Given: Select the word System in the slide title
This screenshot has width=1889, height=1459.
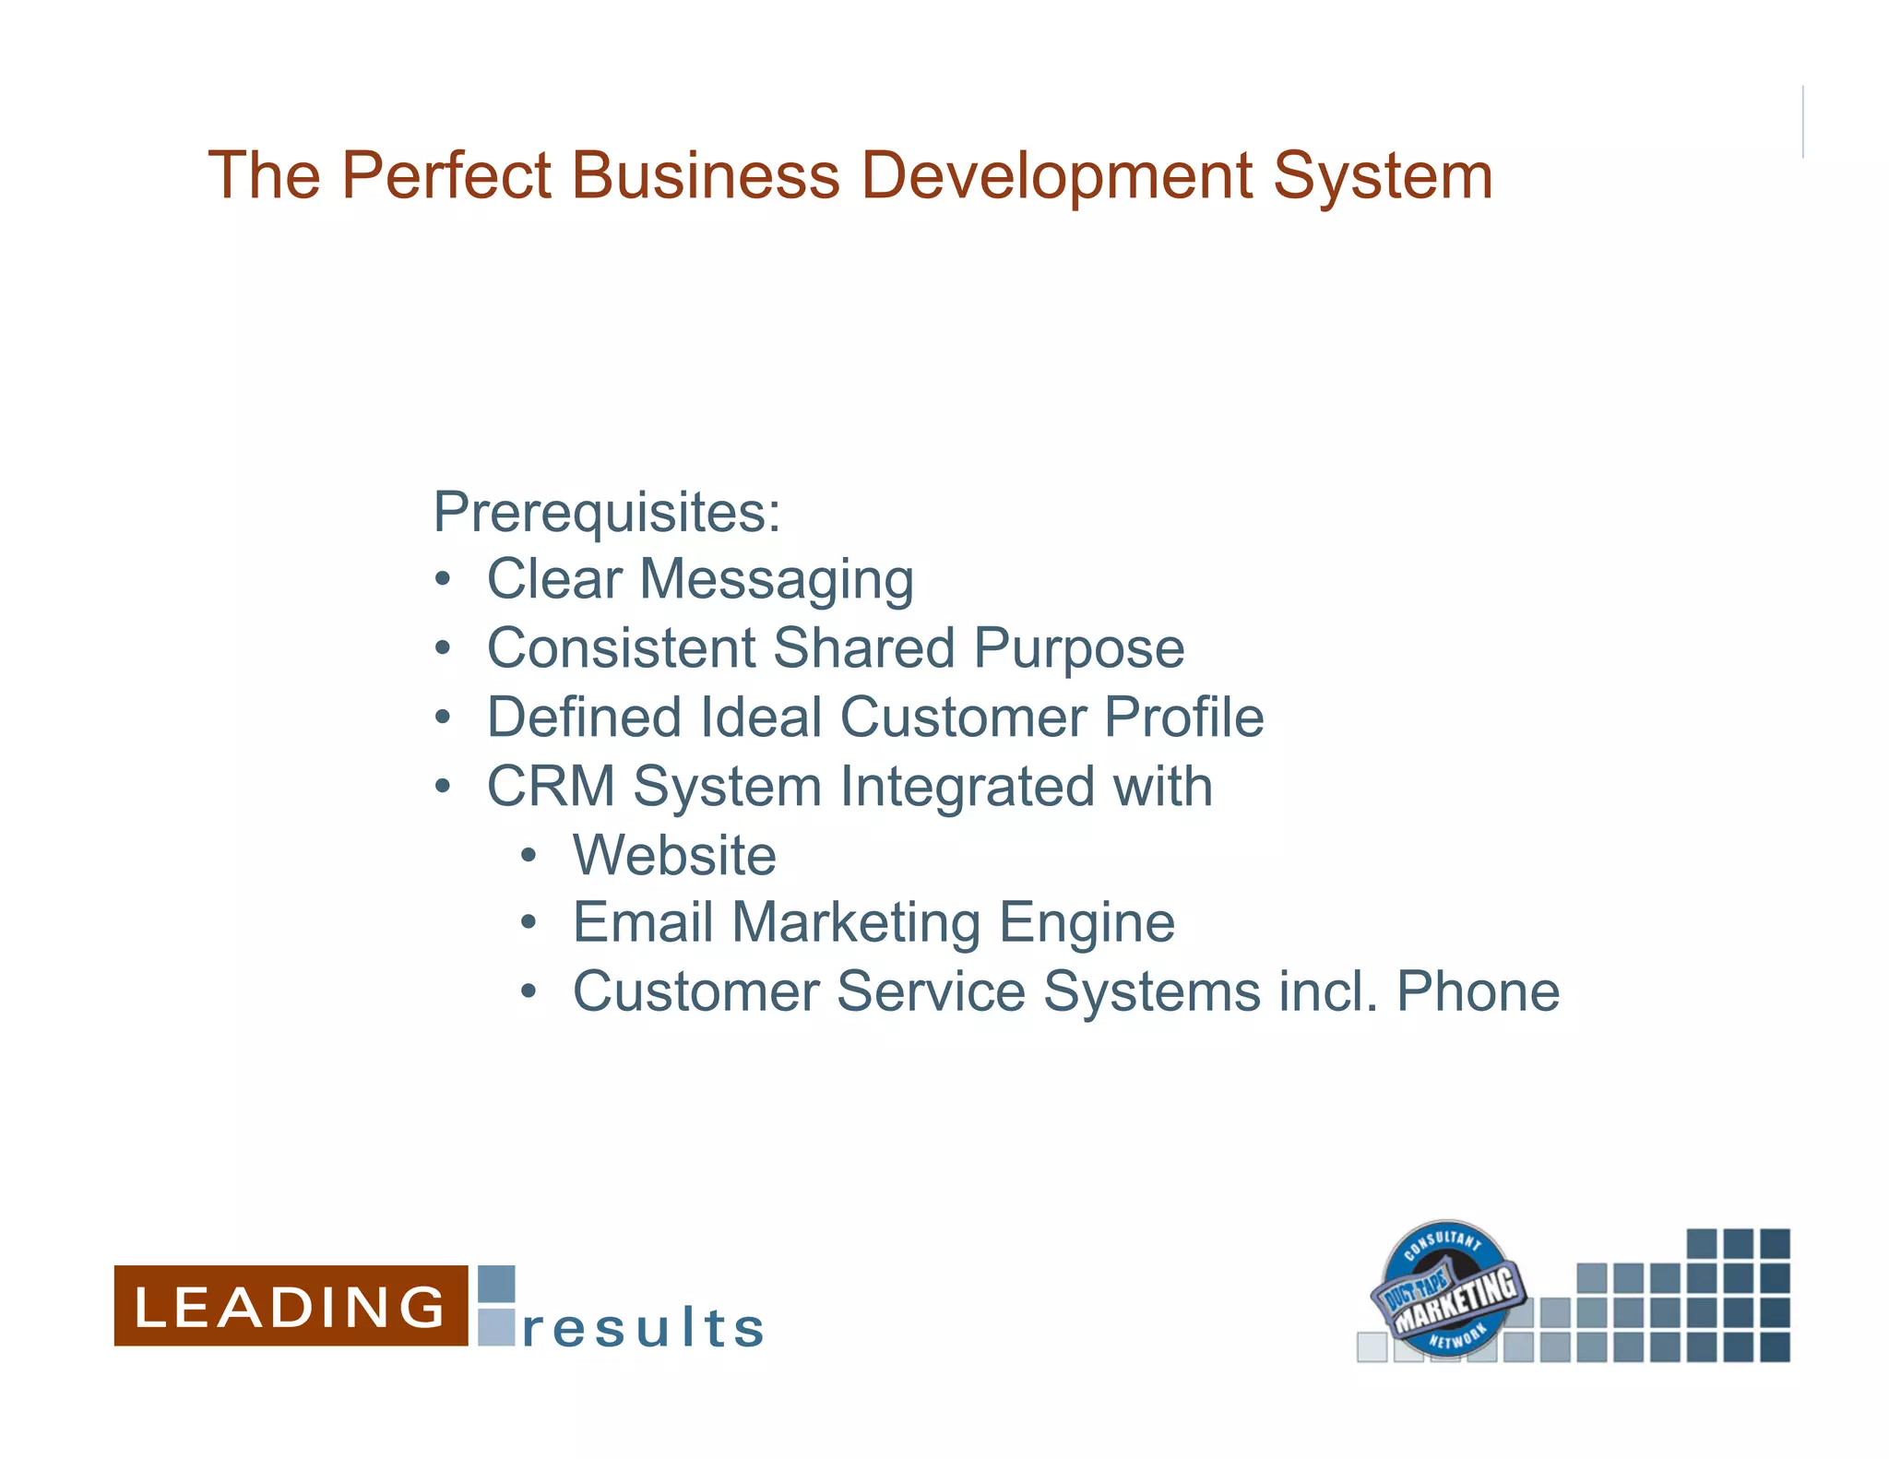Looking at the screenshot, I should [x=1383, y=175].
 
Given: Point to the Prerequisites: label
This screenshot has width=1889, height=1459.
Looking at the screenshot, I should [x=607, y=512].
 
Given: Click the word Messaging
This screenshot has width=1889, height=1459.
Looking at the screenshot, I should [x=777, y=581].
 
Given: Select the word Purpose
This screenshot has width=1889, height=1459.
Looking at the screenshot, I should [x=1079, y=649].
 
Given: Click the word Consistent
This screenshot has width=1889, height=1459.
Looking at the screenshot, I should [x=621, y=648].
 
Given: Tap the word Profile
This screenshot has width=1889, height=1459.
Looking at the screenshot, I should [x=1183, y=718].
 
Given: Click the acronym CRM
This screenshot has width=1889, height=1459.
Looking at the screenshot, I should [x=551, y=787].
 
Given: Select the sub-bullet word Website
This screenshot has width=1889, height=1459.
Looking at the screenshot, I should [x=674, y=855].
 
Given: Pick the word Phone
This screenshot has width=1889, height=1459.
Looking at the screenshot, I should [x=1478, y=991].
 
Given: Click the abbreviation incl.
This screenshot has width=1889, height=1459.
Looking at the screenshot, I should [x=1328, y=991].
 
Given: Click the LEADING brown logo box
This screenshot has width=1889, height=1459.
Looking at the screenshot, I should [x=291, y=1305].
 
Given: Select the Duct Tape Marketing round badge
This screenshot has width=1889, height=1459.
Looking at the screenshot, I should [x=1446, y=1289].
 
